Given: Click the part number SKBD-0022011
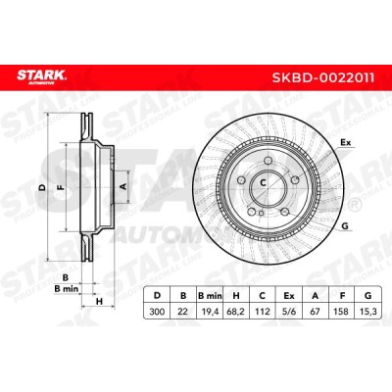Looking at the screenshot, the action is click(x=323, y=77).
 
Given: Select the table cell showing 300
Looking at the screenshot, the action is click(x=157, y=312).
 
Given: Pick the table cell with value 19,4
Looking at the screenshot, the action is click(x=210, y=312).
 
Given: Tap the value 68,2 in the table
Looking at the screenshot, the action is click(x=236, y=312).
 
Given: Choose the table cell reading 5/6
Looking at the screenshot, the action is click(x=289, y=312).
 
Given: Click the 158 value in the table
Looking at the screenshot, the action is click(x=342, y=312).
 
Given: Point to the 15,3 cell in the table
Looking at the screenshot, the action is click(x=368, y=312).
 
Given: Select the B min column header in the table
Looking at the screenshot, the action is click(x=210, y=296).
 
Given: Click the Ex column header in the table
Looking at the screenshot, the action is click(x=289, y=296).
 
